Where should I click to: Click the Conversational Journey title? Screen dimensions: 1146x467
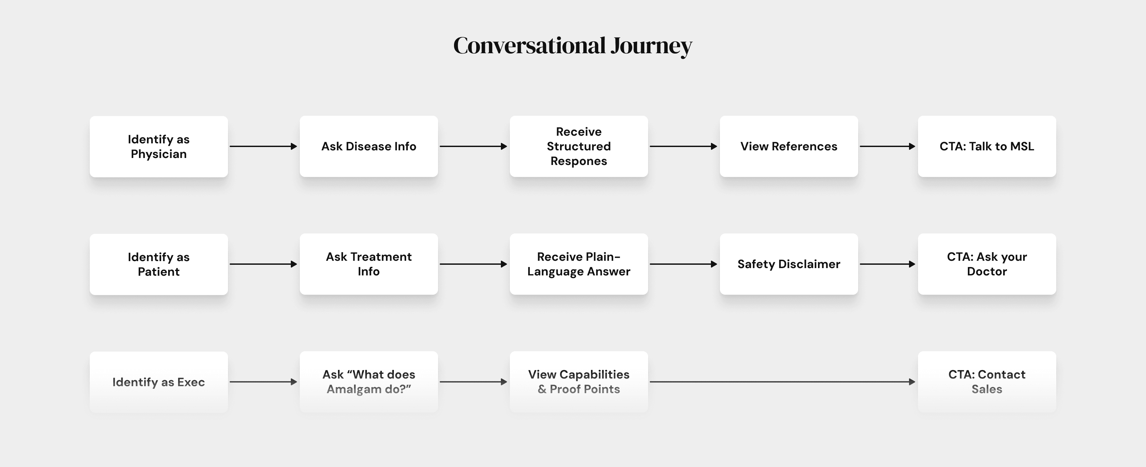[573, 46]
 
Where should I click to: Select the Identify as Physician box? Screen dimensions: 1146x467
[159, 146]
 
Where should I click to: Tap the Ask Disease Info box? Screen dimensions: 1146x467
[369, 146]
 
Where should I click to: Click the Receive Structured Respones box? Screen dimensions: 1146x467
[579, 146]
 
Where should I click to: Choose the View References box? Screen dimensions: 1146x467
[789, 146]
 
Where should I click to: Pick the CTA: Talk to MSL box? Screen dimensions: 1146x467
[987, 146]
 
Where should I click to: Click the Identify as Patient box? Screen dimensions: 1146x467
[159, 264]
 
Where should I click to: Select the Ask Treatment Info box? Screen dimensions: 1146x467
[369, 264]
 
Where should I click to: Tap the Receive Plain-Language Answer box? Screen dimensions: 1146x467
[579, 264]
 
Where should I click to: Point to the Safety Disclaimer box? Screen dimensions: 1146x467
[789, 264]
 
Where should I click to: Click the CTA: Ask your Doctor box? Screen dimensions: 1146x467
[987, 264]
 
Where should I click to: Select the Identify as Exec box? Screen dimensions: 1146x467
[159, 382]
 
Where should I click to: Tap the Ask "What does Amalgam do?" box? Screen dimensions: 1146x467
[369, 382]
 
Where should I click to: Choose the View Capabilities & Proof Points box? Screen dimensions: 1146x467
[579, 382]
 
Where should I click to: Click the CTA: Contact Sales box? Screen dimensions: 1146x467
[987, 382]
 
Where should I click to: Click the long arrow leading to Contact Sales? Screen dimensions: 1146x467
[782, 382]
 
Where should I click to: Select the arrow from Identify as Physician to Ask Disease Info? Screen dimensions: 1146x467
[263, 146]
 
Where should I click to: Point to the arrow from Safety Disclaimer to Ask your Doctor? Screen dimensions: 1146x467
[887, 264]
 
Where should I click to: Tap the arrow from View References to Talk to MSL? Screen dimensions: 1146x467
[887, 146]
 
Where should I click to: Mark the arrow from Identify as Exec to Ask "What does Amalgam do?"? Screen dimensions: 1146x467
[263, 382]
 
